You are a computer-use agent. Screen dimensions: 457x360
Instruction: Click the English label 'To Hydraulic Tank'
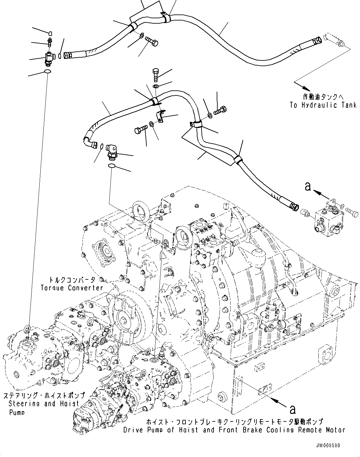point(323,105)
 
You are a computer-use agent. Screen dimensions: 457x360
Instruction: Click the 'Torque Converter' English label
point(72,288)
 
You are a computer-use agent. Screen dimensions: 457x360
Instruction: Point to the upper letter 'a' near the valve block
point(307,186)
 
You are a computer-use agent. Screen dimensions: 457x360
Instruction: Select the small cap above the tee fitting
point(51,32)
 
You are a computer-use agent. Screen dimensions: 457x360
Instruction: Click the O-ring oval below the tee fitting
point(47,72)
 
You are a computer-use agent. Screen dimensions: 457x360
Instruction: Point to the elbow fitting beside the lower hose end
point(111,149)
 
